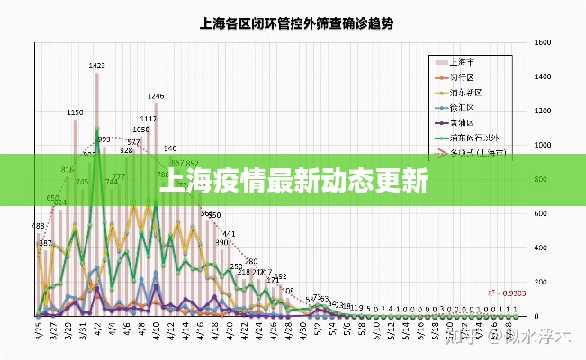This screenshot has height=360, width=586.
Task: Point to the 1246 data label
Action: tap(156, 96)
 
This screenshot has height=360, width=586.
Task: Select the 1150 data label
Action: tap(76, 112)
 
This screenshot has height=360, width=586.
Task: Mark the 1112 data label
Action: tap(149, 119)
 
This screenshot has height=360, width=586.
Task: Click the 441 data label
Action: tap(229, 234)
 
